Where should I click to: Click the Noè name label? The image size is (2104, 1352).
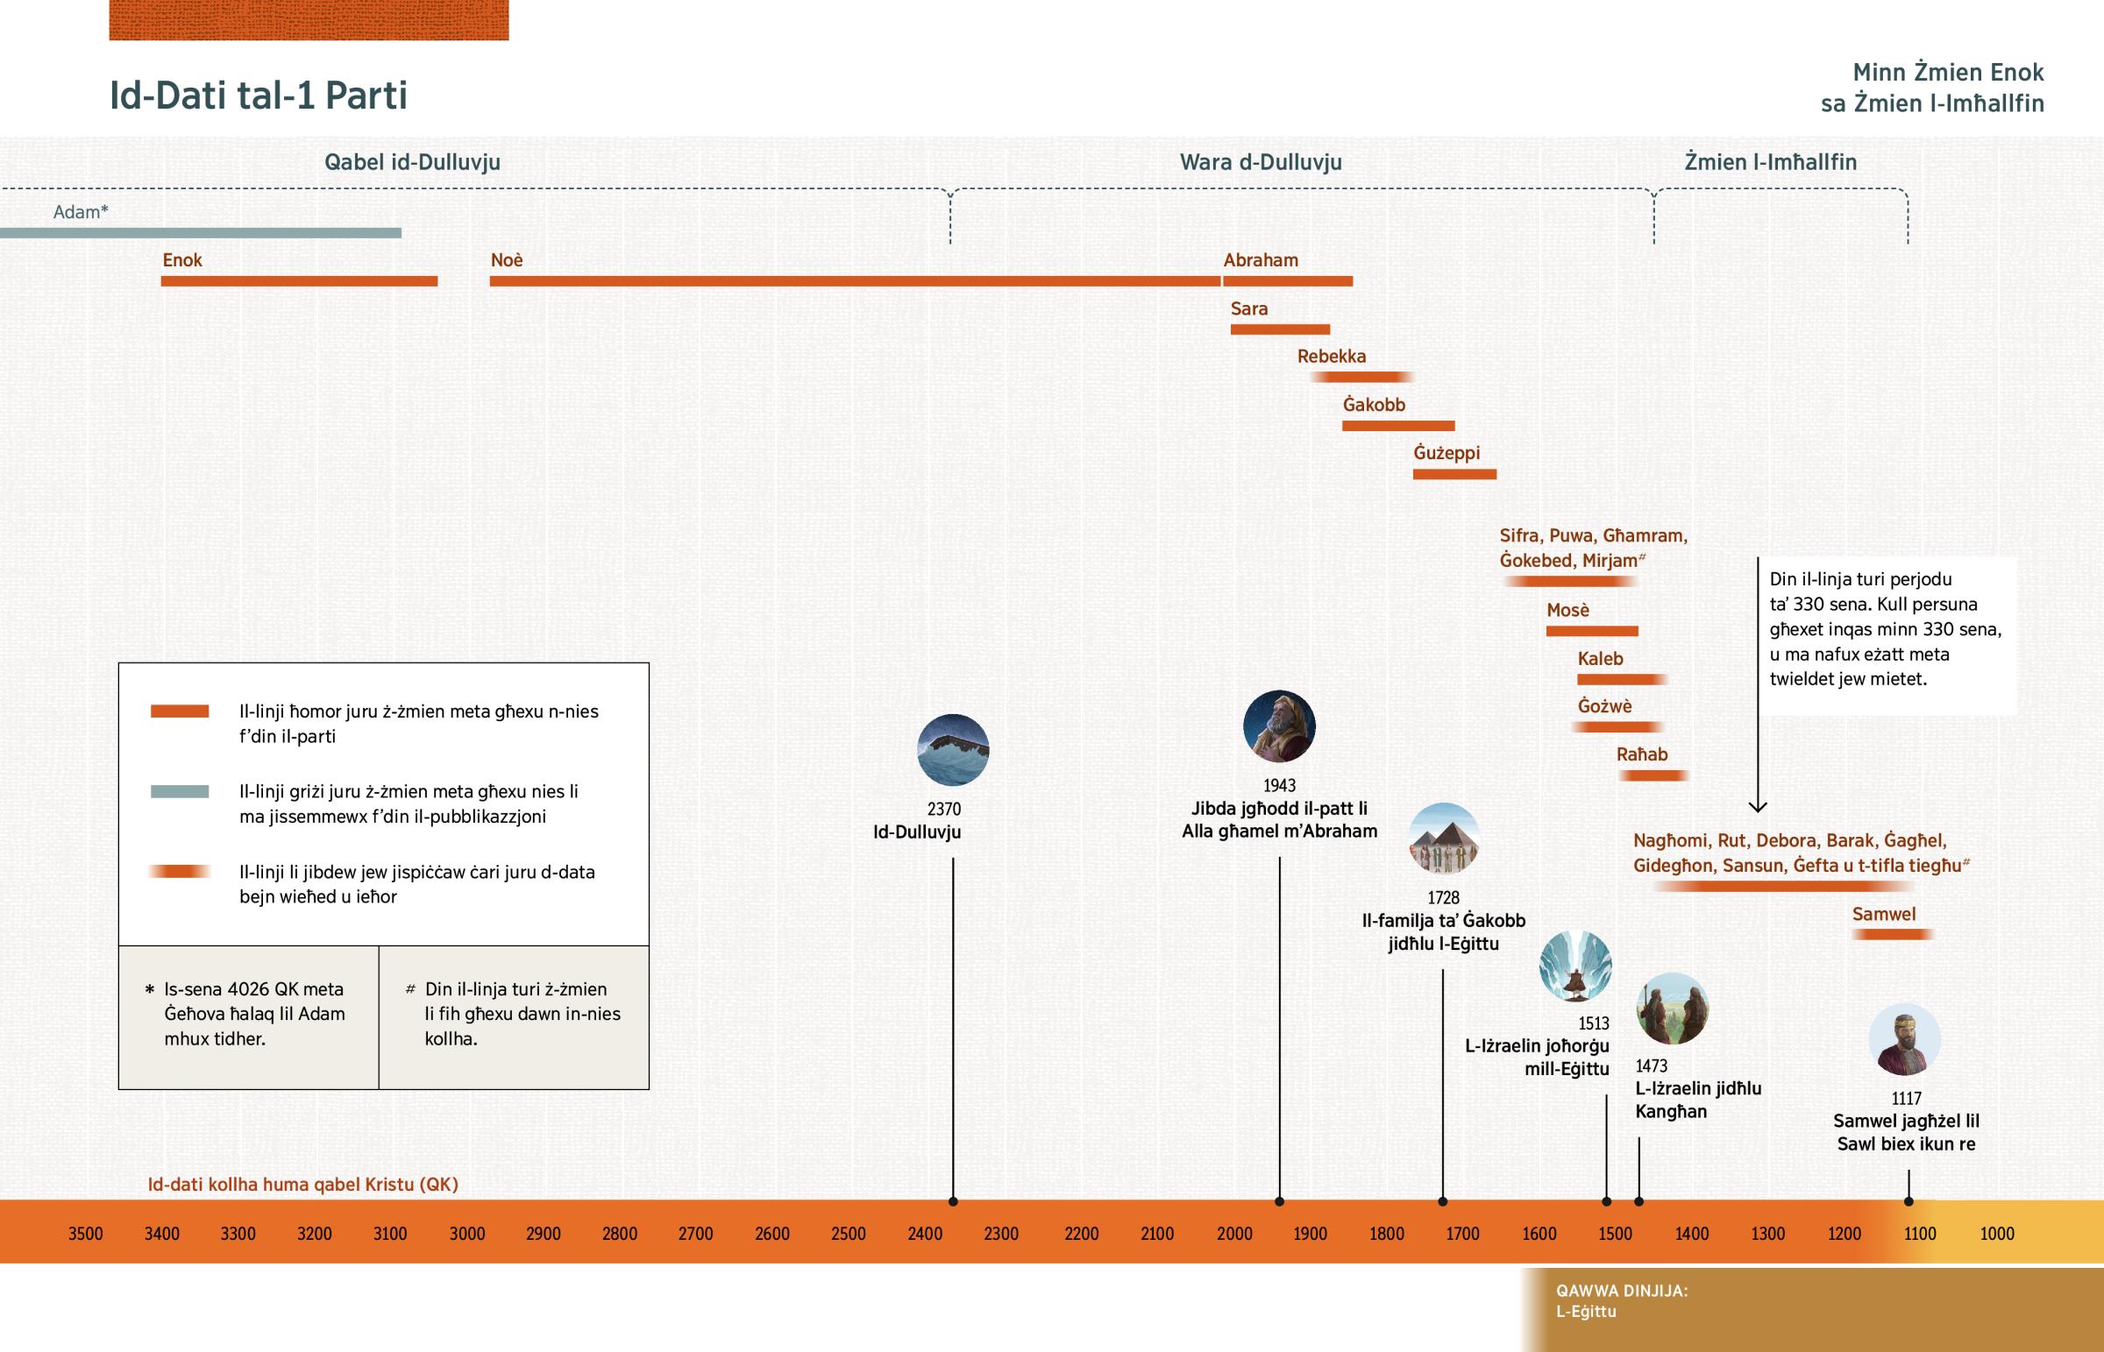[x=507, y=260]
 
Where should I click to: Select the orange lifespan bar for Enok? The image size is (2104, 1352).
[x=299, y=281]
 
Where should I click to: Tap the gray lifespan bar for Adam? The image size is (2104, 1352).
[x=200, y=233]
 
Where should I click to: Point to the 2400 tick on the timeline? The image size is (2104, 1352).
[x=925, y=1234]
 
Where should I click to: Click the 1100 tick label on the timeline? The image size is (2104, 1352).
[x=1920, y=1234]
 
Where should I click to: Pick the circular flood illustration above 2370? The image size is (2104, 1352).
[x=953, y=750]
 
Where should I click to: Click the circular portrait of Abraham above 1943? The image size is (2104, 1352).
[x=1278, y=726]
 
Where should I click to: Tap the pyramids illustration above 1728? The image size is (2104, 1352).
[x=1444, y=839]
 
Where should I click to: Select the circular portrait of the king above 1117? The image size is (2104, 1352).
[x=1904, y=1039]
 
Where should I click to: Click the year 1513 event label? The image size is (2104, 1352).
[x=1593, y=1023]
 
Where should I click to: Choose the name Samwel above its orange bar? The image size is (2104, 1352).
[x=1884, y=914]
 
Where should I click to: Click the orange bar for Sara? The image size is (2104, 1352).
[x=1279, y=329]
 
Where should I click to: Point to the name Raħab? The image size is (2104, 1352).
[x=1641, y=754]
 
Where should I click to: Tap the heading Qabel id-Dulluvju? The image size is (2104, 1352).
[x=412, y=161]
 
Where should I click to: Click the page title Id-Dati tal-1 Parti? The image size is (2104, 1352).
[x=258, y=96]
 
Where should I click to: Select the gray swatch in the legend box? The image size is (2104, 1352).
[x=179, y=791]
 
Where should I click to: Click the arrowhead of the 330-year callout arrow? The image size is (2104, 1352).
[x=1757, y=806]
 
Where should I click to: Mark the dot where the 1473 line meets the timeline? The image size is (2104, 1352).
[x=1638, y=1201]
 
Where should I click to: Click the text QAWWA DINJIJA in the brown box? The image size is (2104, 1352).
[x=1621, y=1291]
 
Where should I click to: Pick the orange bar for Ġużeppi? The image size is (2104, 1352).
[x=1454, y=474]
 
